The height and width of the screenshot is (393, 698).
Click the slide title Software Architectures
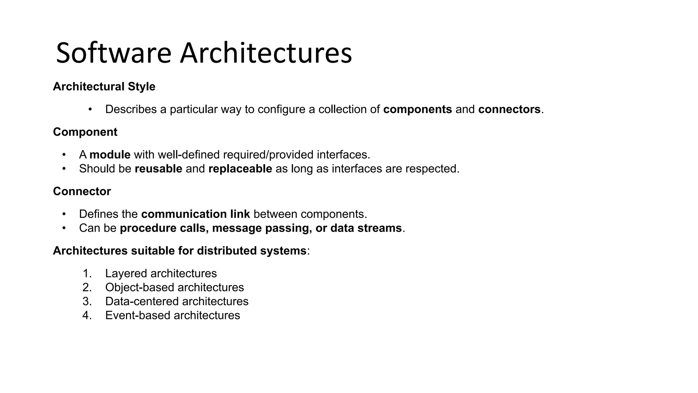[x=204, y=53]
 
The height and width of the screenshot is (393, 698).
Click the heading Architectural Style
[x=104, y=87]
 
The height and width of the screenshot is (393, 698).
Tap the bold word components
[x=418, y=110]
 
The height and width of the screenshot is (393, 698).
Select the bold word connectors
[x=509, y=110]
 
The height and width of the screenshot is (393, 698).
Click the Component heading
[x=85, y=132]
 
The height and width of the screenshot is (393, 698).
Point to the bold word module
[x=110, y=155]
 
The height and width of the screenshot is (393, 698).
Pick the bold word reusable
[x=158, y=169]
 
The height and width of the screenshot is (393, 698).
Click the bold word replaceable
[x=240, y=169]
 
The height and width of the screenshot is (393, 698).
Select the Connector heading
[x=82, y=191]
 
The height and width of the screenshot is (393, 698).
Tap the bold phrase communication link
[x=196, y=214]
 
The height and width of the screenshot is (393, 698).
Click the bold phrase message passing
[x=260, y=228]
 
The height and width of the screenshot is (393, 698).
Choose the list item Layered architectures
[x=161, y=274]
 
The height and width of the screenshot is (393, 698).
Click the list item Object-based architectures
[x=174, y=288]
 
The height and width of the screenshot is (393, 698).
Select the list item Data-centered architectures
[x=177, y=302]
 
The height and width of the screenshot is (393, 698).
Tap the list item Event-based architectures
[x=172, y=316]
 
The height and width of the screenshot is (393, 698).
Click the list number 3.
[x=87, y=302]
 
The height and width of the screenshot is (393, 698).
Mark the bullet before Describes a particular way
[x=90, y=110]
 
